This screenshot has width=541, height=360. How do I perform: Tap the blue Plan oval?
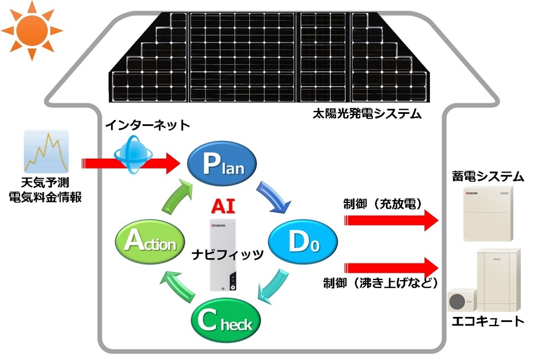pos(223,164)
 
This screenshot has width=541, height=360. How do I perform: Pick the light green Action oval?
pos(149,242)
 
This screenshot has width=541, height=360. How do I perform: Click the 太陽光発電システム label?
pos(363,113)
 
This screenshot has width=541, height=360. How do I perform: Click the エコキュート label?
pos(486,320)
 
